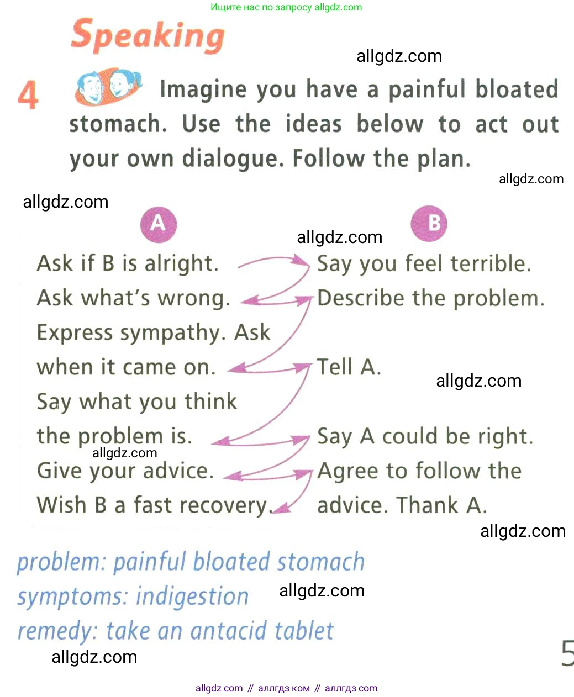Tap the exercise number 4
pos(28,94)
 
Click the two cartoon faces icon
pos(108,87)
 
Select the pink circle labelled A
pos(158,224)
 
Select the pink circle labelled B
pos(429,223)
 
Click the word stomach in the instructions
pos(118,125)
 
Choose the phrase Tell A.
pos(349,367)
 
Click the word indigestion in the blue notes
pos(192,597)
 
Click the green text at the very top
pos(286,7)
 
